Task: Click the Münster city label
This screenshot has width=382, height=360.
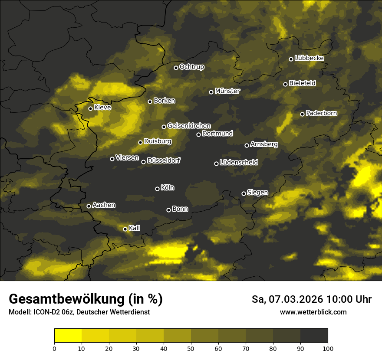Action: pyautogui.click(x=227, y=91)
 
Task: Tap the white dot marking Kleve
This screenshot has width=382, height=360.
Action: pyautogui.click(x=90, y=108)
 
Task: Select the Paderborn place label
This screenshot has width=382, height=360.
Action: pyautogui.click(x=322, y=113)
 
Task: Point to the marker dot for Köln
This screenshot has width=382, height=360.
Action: pyautogui.click(x=157, y=189)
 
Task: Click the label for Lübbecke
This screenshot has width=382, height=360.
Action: pyautogui.click(x=310, y=58)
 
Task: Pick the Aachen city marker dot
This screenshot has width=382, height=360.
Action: pyautogui.click(x=89, y=206)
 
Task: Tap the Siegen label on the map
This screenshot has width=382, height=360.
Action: pyautogui.click(x=257, y=193)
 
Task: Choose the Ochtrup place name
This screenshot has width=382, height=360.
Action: pyautogui.click(x=192, y=67)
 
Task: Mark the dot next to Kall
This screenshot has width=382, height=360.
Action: pyautogui.click(x=125, y=229)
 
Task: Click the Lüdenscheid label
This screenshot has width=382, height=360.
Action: pyautogui.click(x=239, y=163)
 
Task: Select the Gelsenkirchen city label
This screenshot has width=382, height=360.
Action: pyautogui.click(x=189, y=126)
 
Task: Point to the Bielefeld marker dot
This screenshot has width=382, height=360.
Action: pyautogui.click(x=285, y=84)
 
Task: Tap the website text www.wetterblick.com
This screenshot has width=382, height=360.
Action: pyautogui.click(x=313, y=312)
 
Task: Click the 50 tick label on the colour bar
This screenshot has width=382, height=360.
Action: pyautogui.click(x=191, y=348)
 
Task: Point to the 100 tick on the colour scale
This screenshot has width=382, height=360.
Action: pyautogui.click(x=328, y=348)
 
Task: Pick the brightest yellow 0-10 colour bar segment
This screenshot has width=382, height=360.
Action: pyautogui.click(x=68, y=335)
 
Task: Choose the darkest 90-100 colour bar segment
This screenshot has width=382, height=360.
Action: pyautogui.click(x=314, y=335)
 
